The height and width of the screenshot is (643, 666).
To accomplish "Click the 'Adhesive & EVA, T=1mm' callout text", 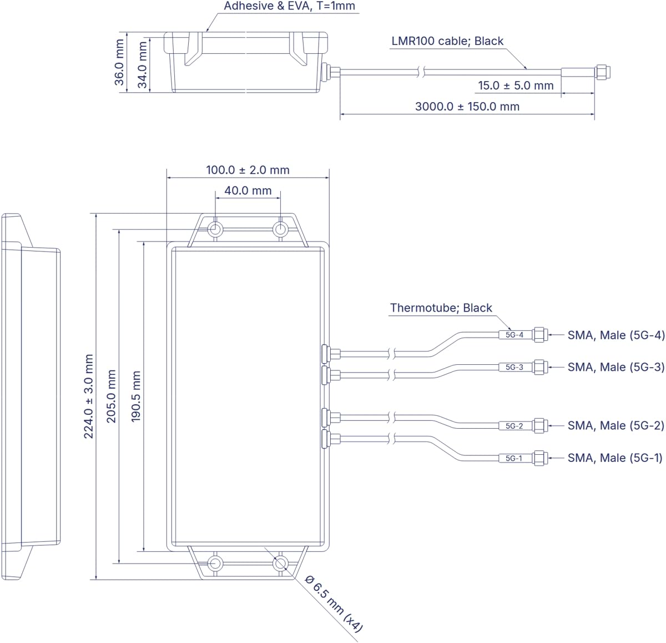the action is [289, 6].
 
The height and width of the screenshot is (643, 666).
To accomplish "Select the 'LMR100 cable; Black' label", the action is [447, 41].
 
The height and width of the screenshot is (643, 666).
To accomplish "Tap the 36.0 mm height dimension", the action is [119, 62].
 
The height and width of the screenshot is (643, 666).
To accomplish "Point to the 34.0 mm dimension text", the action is [142, 65].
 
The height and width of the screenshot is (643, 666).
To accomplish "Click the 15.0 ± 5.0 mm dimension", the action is [516, 86].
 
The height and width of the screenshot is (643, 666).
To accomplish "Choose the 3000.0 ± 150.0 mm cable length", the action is [467, 107].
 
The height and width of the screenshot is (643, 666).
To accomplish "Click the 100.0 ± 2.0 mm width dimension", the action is [248, 170].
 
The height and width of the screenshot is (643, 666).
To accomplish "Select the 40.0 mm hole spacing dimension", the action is [248, 190].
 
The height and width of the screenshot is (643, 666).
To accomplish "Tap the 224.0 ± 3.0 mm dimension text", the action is [89, 396].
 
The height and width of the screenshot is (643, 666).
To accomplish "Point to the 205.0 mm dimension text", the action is [112, 396].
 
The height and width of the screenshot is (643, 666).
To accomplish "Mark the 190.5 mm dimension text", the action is [136, 396].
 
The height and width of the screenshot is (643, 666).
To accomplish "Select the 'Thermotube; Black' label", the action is [441, 308].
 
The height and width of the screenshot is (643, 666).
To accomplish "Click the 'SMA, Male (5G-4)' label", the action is [615, 335].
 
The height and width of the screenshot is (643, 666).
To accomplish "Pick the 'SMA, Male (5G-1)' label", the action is [615, 458].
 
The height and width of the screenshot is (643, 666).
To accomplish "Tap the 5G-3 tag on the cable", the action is [514, 367].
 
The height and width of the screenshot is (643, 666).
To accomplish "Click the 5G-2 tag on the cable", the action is [514, 426].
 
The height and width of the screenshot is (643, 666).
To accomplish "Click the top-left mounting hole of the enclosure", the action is [215, 229].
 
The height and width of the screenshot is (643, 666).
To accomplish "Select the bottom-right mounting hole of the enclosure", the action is [280, 563].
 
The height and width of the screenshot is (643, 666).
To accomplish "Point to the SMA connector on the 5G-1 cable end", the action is [540, 458].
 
